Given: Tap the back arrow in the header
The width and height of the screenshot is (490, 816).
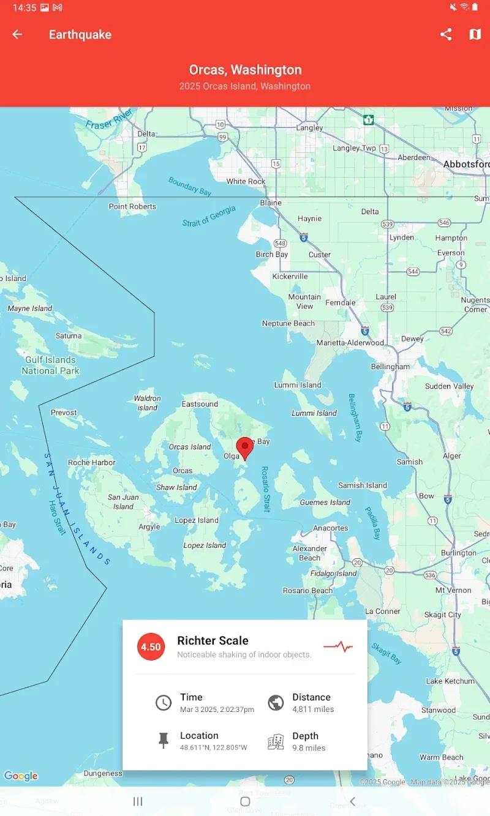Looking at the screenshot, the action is tap(17, 35).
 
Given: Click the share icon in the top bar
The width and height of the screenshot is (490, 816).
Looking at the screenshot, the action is tap(446, 35).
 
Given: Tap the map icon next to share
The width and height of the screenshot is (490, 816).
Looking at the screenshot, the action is tap(475, 35).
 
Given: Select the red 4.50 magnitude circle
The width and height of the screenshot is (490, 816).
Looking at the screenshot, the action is tap(151, 646).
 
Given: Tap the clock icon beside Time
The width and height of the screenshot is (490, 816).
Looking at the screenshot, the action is tap(163, 703).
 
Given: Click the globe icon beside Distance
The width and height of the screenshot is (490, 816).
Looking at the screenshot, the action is tap(276, 703).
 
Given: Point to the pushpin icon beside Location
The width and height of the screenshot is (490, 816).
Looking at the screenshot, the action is tap(163, 741).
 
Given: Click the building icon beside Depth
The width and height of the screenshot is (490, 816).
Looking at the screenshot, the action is tap(276, 741).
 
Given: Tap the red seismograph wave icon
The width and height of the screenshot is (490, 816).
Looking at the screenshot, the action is tap(338, 646).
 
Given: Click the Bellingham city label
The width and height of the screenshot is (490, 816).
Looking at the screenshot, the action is tap(390, 367).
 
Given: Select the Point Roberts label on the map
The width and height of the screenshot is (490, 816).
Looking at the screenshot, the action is tap(132, 206).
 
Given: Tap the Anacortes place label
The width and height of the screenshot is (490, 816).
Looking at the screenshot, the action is tap(331, 528).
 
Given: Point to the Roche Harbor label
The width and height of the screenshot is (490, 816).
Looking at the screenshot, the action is tap(91, 462).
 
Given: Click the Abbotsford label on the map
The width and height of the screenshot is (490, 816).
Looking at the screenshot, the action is tap(466, 164).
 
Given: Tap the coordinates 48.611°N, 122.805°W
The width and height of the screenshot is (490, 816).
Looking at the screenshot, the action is tap(213, 747).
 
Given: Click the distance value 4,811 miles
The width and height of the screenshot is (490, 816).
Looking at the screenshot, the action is tap(313, 709).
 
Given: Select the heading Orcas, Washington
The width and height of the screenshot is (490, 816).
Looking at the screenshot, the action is tap(245, 70).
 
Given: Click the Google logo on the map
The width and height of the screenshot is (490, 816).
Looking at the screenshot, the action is tap(21, 776).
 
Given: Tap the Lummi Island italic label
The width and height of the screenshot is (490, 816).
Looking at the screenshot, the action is tap(314, 413).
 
